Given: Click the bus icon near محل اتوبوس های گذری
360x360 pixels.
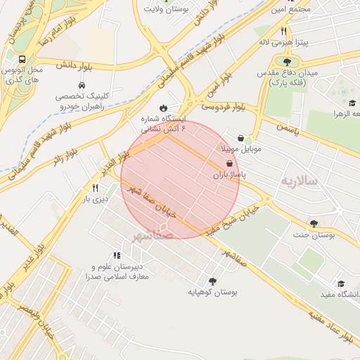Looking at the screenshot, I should [x=22, y=60].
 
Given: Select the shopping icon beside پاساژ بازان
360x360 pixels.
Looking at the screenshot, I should [x=231, y=164].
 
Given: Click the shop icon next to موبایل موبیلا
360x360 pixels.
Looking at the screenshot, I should [x=242, y=138].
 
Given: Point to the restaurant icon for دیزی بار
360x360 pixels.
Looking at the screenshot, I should [x=95, y=188].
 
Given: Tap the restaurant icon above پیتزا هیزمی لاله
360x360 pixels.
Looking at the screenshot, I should [x=283, y=31].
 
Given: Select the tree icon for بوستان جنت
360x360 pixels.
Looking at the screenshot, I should [x=314, y=224].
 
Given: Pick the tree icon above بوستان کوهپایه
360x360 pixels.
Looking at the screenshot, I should [x=212, y=279].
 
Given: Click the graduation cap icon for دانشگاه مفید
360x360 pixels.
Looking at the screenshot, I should [x=341, y=283].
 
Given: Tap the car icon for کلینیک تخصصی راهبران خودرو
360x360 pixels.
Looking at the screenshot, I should [x=64, y=84].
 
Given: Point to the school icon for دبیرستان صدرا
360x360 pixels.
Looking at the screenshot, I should [x=116, y=256].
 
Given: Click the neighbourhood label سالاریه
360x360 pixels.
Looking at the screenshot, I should [x=300, y=181].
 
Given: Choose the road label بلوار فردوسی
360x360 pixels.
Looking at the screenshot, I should [x=224, y=107].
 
